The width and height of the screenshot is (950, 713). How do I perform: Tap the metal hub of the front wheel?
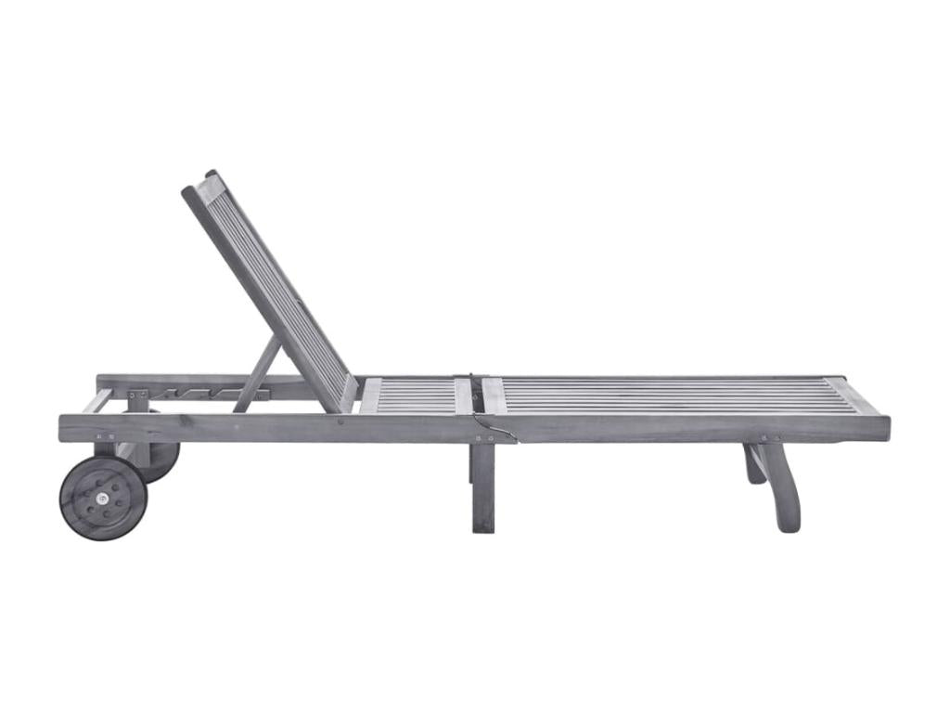103,499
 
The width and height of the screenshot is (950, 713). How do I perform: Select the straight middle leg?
483,486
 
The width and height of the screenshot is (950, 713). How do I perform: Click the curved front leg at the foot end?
782,486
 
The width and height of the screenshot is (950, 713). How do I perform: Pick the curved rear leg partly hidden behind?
753,464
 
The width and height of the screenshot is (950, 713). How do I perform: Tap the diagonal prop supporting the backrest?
259,373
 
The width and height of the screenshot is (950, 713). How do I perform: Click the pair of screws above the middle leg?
482,437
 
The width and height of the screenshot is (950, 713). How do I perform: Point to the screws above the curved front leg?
770,437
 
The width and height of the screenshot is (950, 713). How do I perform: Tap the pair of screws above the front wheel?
105,437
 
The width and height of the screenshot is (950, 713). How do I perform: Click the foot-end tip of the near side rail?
881,428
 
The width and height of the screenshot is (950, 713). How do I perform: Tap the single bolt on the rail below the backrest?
340,421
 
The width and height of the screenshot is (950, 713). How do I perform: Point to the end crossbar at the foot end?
858,396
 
